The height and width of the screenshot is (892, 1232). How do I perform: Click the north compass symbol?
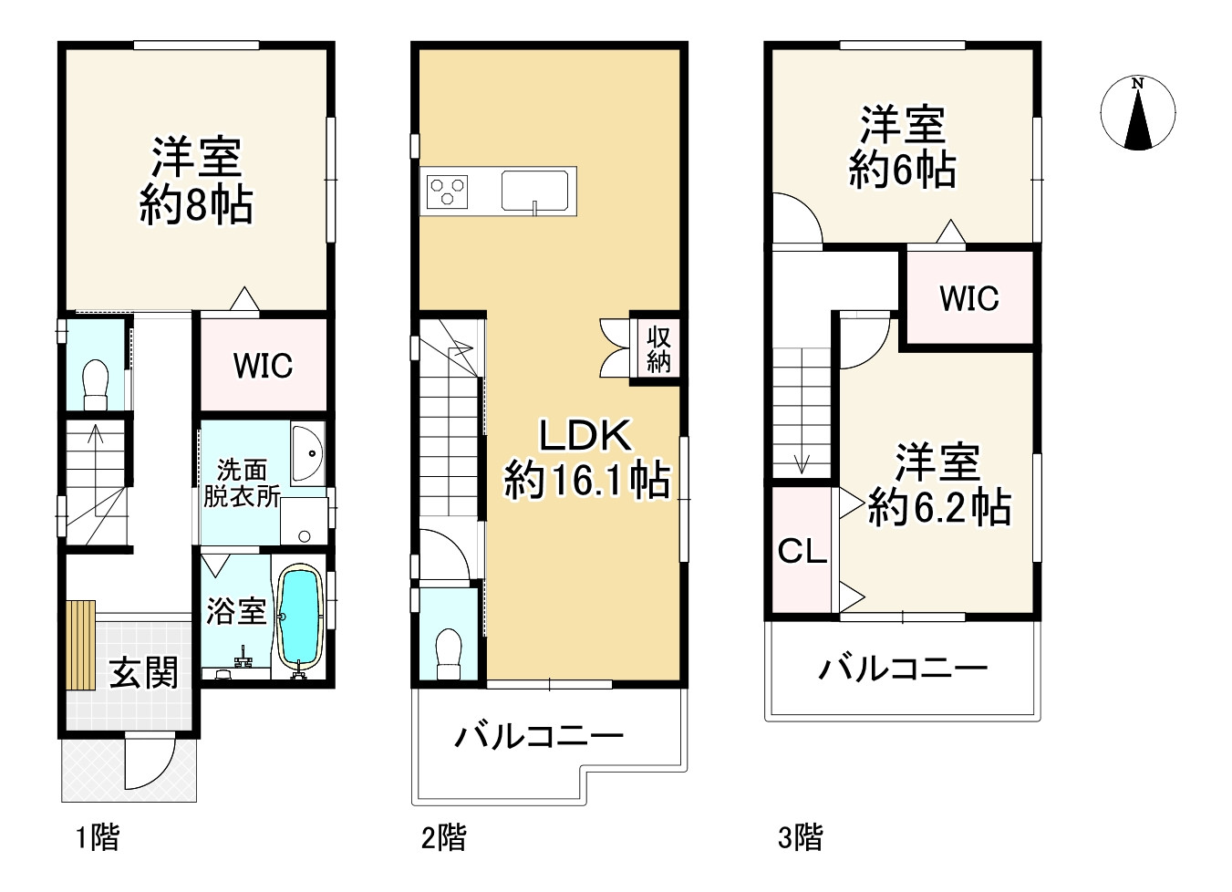[x=1137, y=113]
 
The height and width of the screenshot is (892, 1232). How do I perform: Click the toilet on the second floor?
[x=449, y=653]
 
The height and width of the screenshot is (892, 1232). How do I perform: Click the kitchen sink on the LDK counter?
[x=537, y=191]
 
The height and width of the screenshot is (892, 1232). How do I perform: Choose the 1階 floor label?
[x=97, y=836]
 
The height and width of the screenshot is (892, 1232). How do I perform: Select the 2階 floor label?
[x=444, y=836]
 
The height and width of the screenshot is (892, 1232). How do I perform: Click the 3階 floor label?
[x=800, y=836]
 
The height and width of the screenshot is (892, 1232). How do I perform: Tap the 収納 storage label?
[x=658, y=349]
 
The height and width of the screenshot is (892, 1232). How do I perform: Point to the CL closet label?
[x=802, y=551]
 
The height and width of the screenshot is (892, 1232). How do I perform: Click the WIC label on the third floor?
[x=968, y=298]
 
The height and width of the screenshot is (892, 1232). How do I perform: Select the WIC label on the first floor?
[x=263, y=366]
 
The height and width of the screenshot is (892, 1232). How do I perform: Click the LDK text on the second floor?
[x=585, y=436]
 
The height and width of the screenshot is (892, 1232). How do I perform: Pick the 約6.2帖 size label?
[x=938, y=507]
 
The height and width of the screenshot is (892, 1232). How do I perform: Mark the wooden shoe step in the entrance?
[x=81, y=646]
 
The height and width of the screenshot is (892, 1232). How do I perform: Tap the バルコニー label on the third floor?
[x=903, y=669]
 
